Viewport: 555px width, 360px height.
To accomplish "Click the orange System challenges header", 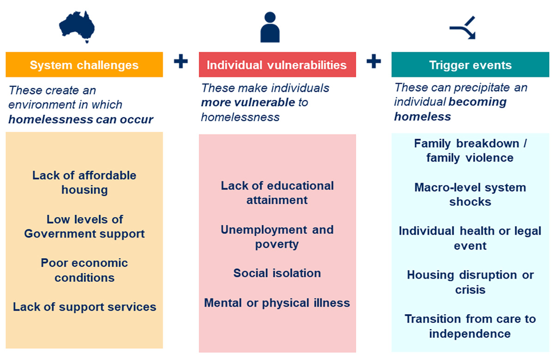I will pos(84,65).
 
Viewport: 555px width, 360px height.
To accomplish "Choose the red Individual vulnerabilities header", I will pos(277,65).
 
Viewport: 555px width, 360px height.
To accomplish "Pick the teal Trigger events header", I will pos(470,65).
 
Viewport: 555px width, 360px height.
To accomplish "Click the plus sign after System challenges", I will pos(180,61).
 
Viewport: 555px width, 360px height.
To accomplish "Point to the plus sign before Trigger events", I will pos(373,61).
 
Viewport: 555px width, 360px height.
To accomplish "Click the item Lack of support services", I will pos(84,307).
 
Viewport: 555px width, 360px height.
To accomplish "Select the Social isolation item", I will pos(277,273).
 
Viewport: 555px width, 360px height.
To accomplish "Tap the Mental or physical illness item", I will pos(277,303).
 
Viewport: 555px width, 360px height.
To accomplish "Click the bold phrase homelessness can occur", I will pos(80,120).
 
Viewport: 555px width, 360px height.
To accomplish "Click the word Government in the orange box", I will pos(61,234).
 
